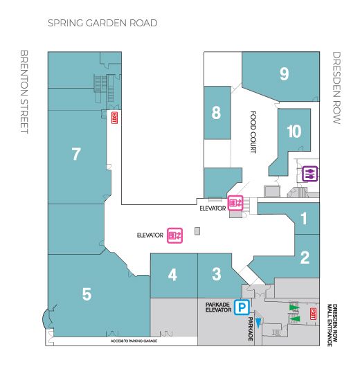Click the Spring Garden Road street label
(x=102, y=23)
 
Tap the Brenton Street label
(x=24, y=91)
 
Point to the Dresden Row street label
(x=336, y=88)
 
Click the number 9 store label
(x=285, y=73)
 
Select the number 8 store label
(x=216, y=113)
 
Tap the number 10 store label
(x=294, y=131)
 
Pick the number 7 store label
(x=76, y=154)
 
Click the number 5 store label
(x=87, y=294)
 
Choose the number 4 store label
(x=172, y=274)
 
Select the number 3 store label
(x=216, y=274)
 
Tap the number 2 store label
(x=305, y=258)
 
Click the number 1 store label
(x=304, y=218)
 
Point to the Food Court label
(x=253, y=132)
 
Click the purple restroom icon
(x=309, y=174)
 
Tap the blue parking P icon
(x=242, y=307)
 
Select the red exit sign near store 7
(x=114, y=118)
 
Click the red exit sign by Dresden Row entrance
(x=313, y=314)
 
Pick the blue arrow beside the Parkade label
(x=258, y=323)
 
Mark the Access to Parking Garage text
(x=134, y=341)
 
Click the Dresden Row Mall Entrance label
(x=332, y=325)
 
